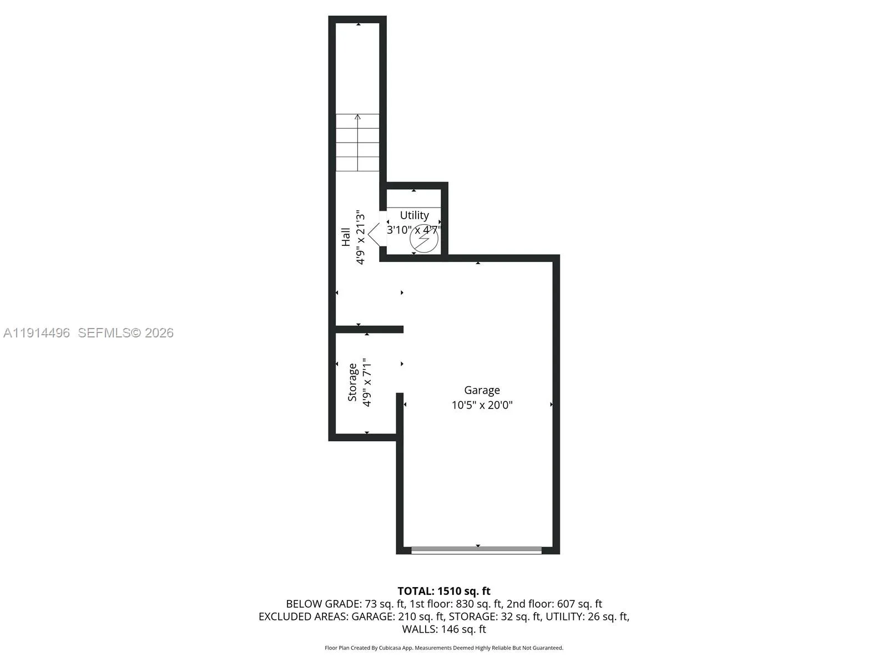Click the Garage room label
[x=482, y=390]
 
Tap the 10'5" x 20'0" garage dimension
[x=482, y=405]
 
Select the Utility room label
[x=414, y=215]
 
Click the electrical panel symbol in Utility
[x=424, y=239]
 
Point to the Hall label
[x=346, y=237]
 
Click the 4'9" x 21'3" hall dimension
[x=360, y=237]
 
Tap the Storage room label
[x=352, y=382]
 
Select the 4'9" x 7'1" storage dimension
[x=367, y=382]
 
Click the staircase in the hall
[x=357, y=143]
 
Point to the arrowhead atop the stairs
[x=357, y=117]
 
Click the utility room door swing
[x=375, y=233]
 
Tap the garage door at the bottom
[x=476, y=551]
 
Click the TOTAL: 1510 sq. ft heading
[x=444, y=591]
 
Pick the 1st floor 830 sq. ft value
[x=479, y=604]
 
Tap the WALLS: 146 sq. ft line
[x=444, y=629]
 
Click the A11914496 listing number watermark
[x=37, y=333]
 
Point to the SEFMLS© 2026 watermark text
[x=125, y=333]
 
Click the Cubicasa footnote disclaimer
[x=444, y=648]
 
